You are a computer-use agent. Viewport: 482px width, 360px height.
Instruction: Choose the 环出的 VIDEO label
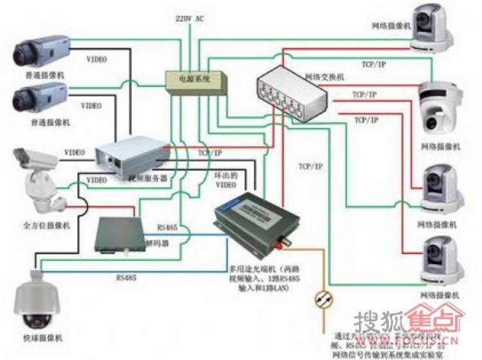click(x=226, y=179)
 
